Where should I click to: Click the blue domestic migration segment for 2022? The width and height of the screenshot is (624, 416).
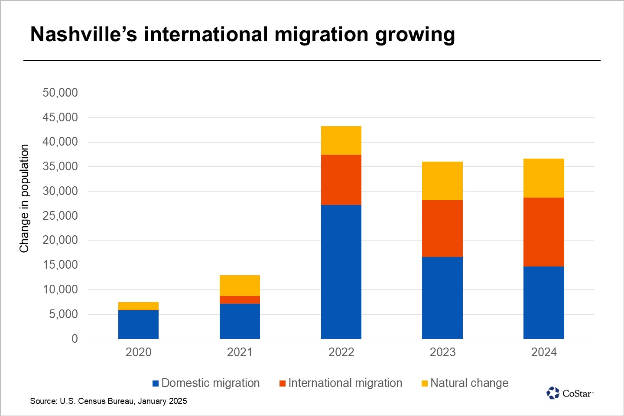[x=341, y=272]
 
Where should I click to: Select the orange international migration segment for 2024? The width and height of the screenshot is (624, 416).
[x=543, y=232]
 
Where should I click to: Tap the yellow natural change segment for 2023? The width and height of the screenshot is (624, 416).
[x=442, y=181]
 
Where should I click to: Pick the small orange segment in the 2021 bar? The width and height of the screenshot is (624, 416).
[x=240, y=300]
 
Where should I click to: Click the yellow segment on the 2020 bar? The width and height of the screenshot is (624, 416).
[x=138, y=306]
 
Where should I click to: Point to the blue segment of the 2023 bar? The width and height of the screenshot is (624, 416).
[x=442, y=298]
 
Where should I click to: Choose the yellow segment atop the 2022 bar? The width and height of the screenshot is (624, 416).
[x=341, y=140]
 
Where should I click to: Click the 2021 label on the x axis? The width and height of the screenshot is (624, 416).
[x=240, y=352]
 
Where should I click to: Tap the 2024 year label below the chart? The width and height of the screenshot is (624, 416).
[x=543, y=352]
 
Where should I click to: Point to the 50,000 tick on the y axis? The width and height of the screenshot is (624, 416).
[x=60, y=93]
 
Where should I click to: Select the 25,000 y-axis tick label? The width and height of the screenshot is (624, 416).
[x=60, y=216]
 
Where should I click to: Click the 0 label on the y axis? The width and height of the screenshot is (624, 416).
[x=75, y=339]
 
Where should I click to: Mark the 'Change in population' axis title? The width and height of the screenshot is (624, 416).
[x=24, y=198]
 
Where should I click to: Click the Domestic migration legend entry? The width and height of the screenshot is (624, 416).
[x=206, y=383]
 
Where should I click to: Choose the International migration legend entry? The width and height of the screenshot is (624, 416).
[x=341, y=383]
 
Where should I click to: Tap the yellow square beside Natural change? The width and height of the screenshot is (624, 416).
[x=425, y=383]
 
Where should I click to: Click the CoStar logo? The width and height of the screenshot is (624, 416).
[x=569, y=393]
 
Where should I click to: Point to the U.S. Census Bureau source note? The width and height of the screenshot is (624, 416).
[x=108, y=401]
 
